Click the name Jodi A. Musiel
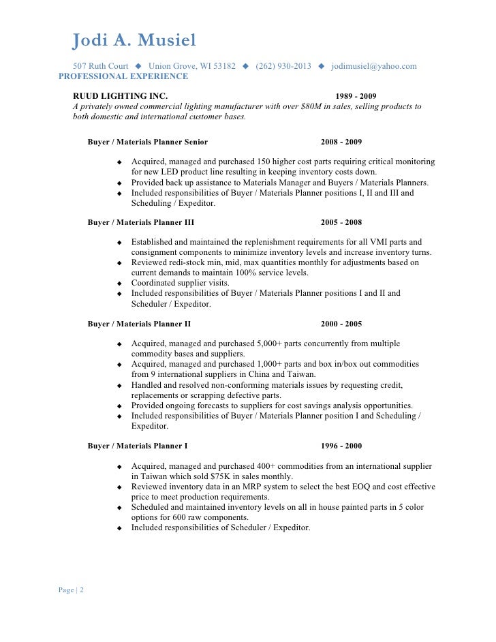[x=134, y=42]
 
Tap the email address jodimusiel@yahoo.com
[x=374, y=67]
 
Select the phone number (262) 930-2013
[x=283, y=67]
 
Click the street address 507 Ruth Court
[x=101, y=67]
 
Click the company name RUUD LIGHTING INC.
[x=120, y=96]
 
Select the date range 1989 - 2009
[x=356, y=96]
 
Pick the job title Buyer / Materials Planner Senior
[x=148, y=142]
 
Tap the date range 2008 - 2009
[x=341, y=142]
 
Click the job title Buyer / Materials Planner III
[x=141, y=222]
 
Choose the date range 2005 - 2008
[x=341, y=222]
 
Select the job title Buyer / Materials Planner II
[x=140, y=324]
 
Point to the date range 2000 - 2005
[x=341, y=324]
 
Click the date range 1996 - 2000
[x=341, y=446]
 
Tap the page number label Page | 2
[x=72, y=590]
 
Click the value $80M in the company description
[x=311, y=106]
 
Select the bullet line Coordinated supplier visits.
[x=181, y=283]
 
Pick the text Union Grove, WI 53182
[x=192, y=67]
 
